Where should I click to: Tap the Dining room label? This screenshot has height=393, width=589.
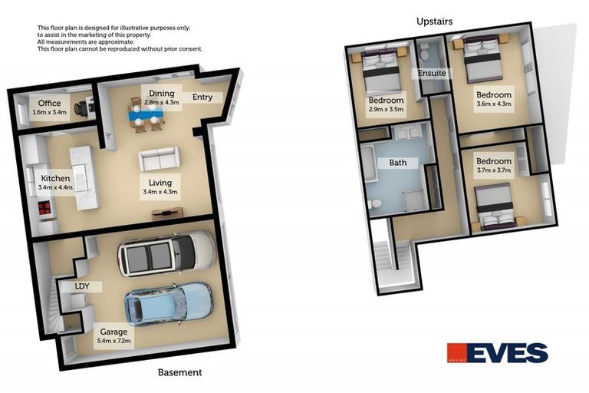(x=161, y=93)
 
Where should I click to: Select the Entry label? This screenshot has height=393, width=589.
(x=202, y=97)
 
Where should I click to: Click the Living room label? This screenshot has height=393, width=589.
(x=160, y=183)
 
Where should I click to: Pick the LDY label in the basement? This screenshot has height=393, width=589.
(x=82, y=286)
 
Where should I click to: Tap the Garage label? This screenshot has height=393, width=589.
(x=113, y=332)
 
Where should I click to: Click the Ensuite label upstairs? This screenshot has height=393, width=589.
(x=432, y=74)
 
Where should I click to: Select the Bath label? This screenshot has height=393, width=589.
(x=398, y=163)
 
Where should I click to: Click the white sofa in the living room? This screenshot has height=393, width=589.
(x=160, y=160)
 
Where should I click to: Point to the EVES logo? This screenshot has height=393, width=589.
(x=498, y=353)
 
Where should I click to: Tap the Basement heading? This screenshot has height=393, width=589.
(x=179, y=372)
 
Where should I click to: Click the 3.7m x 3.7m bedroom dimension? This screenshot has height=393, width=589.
(x=495, y=170)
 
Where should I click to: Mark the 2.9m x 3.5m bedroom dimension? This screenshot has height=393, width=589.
(x=387, y=109)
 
